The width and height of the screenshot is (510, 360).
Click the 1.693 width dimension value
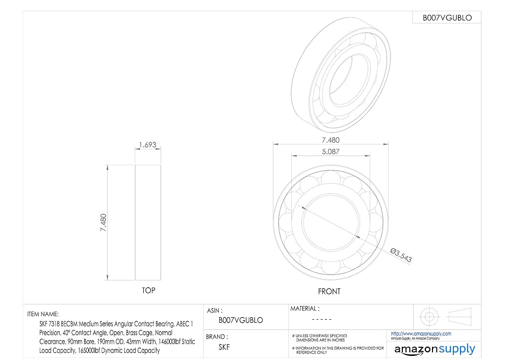click(148, 145)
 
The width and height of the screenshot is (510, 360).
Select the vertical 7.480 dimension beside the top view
click(104, 222)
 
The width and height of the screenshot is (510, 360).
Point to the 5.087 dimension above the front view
click(330, 151)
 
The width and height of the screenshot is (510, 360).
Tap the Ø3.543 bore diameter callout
click(401, 255)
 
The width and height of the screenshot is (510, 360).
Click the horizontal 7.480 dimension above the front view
click(330, 140)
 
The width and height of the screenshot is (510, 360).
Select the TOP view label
click(148, 291)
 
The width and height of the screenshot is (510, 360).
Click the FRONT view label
click(329, 291)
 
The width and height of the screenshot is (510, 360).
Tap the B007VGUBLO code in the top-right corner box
click(447, 18)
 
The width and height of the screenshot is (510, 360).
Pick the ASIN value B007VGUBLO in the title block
click(241, 320)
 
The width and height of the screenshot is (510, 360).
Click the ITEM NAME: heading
click(43, 314)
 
